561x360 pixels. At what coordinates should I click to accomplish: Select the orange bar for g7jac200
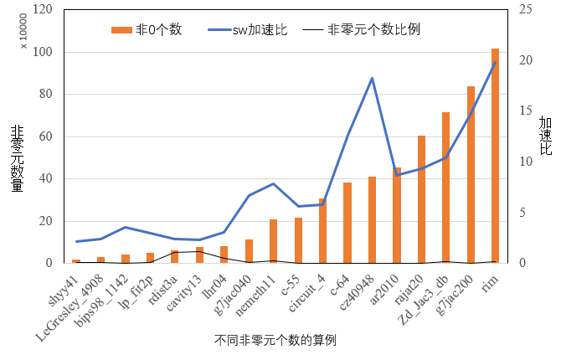(x=471, y=176)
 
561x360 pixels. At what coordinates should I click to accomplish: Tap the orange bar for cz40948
(x=372, y=220)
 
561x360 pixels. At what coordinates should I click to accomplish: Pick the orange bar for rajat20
(x=421, y=199)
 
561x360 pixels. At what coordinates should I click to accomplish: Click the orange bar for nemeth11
(x=273, y=241)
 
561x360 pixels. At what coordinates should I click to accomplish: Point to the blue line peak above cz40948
(x=372, y=78)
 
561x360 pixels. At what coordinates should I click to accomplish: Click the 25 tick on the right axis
(x=524, y=10)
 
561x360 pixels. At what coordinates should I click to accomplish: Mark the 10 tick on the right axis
(x=524, y=162)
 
